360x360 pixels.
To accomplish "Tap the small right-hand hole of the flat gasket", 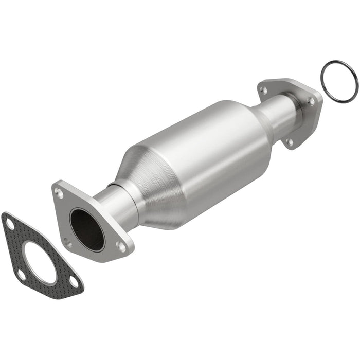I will pyautogui.click(x=74, y=281).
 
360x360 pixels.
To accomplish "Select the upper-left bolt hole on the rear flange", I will pyautogui.click(x=263, y=90).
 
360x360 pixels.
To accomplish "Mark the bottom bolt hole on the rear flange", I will pyautogui.click(x=290, y=141).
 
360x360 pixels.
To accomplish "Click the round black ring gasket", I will pyautogui.click(x=339, y=81).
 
